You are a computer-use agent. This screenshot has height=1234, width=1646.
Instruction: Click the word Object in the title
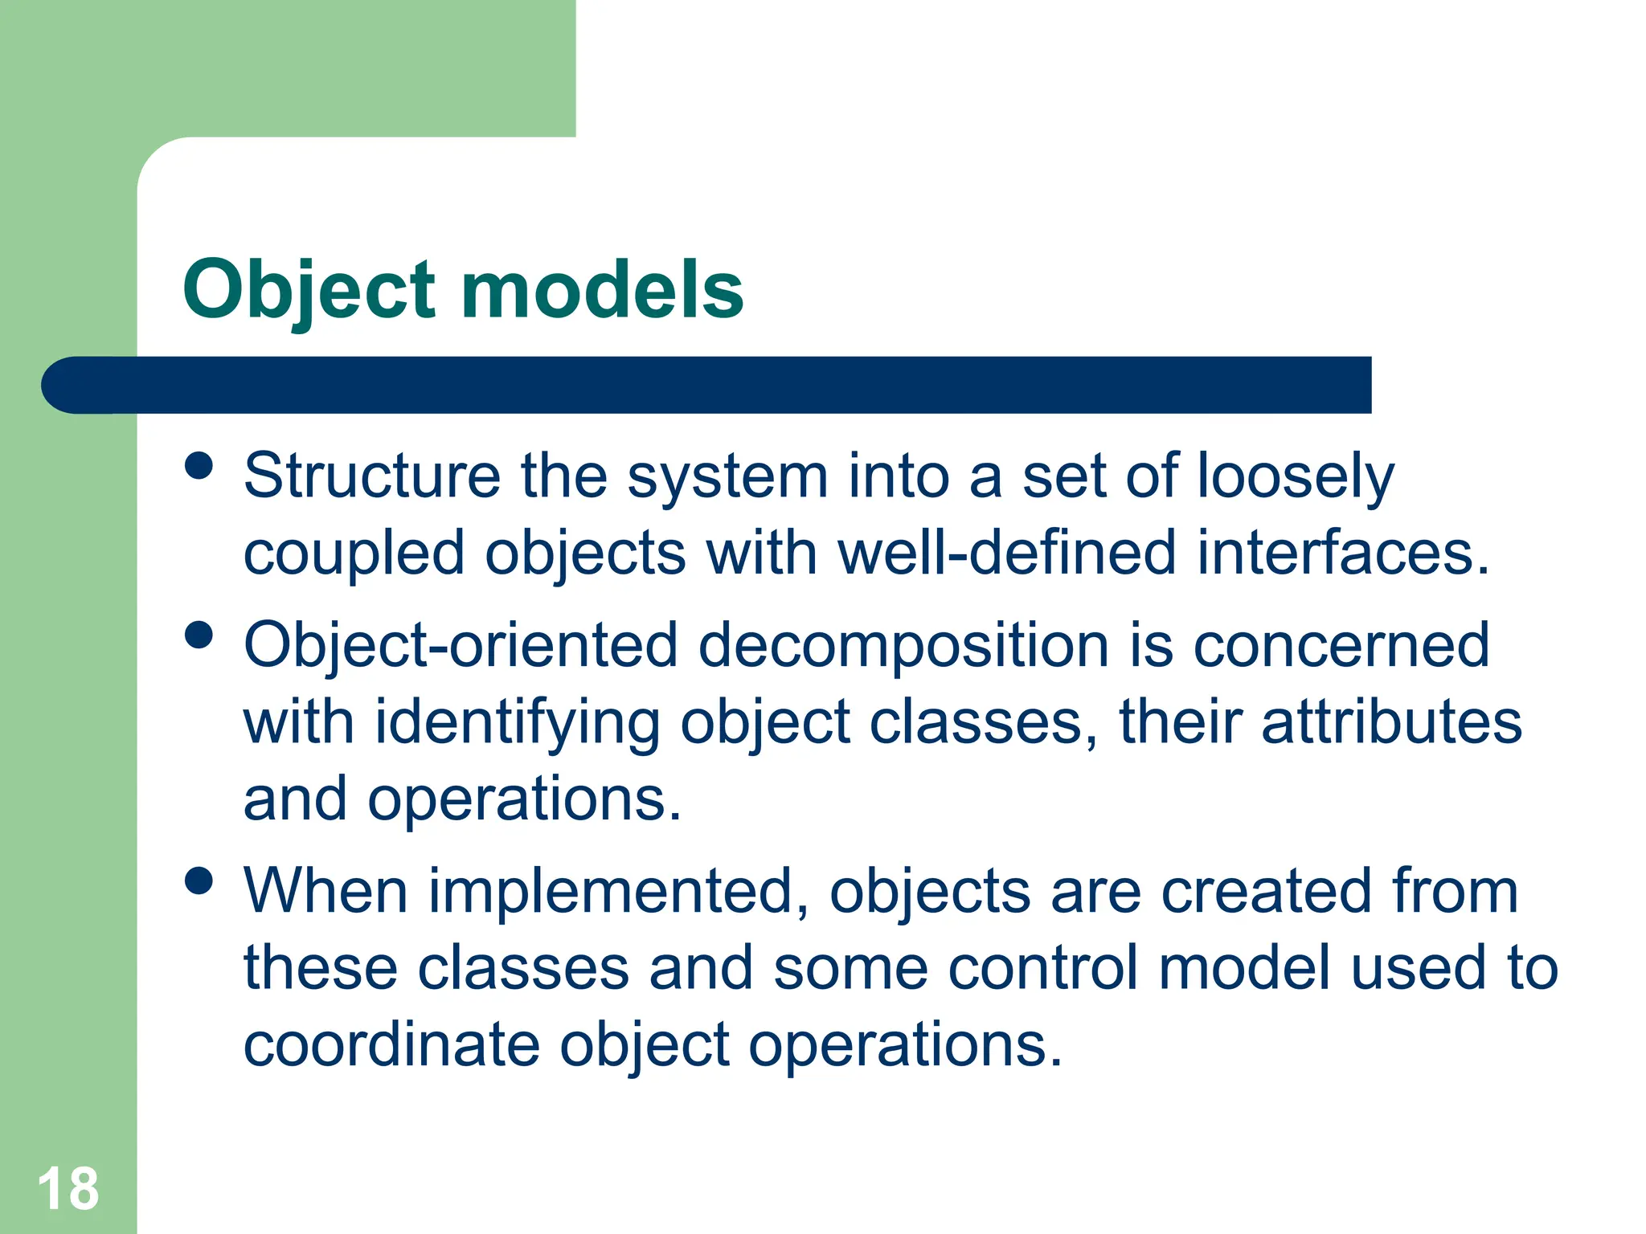click(309, 291)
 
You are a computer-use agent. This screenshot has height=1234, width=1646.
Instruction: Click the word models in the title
click(602, 291)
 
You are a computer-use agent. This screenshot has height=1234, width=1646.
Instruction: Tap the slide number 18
click(68, 1189)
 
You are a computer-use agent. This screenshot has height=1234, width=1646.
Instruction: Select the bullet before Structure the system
click(199, 465)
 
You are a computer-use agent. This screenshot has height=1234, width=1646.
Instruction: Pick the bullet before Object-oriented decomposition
click(199, 635)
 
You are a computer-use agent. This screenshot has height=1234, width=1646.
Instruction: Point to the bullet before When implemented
click(199, 881)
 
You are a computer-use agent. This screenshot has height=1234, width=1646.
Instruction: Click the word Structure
click(371, 476)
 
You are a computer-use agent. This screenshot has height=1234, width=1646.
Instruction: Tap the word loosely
click(1296, 477)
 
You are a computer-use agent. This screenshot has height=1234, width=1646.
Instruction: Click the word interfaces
click(1342, 553)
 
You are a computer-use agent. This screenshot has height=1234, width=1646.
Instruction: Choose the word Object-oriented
click(461, 645)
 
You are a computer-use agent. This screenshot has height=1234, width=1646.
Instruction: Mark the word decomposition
click(903, 645)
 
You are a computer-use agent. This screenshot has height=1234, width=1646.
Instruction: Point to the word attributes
click(1391, 721)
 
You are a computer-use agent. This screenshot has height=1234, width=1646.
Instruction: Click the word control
click(1043, 967)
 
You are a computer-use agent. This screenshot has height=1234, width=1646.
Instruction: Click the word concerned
click(1341, 645)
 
